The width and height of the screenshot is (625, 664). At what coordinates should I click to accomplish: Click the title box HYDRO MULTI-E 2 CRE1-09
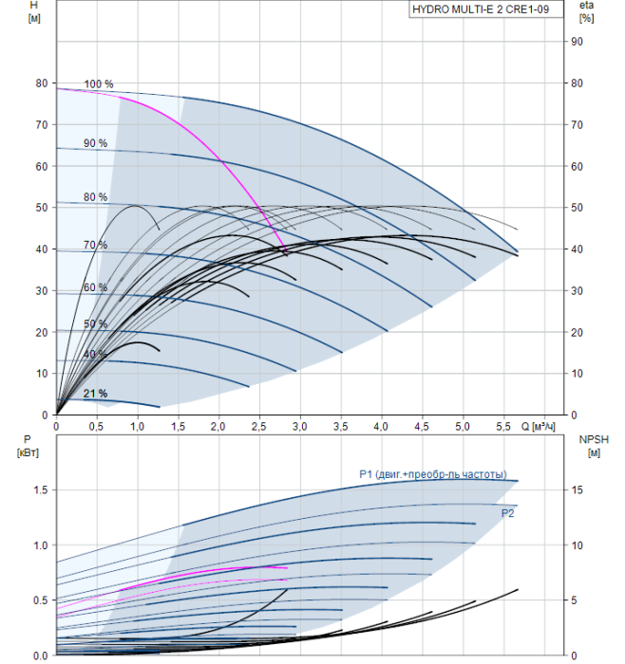point(486,9)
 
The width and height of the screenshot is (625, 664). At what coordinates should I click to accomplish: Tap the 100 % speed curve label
point(99,83)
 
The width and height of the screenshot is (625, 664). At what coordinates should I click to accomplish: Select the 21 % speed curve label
point(95,394)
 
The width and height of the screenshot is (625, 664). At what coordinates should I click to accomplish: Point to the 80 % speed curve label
point(95,197)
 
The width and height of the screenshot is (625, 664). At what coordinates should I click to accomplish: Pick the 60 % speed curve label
point(95,287)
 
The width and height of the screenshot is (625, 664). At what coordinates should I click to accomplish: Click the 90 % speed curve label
point(95,143)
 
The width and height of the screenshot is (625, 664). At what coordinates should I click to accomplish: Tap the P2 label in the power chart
point(507,513)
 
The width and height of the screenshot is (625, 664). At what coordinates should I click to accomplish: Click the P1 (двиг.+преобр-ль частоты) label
point(433,474)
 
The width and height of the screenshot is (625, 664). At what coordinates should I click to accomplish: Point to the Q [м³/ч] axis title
point(538,427)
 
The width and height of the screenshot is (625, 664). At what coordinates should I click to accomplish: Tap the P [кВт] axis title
point(28,446)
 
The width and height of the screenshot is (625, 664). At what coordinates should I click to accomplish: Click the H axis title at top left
point(34,11)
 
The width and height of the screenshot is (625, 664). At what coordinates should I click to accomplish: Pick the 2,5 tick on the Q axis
point(258,427)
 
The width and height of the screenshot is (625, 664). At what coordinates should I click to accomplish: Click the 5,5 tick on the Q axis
point(502,427)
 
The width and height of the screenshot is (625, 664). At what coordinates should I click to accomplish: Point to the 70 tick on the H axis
point(42,125)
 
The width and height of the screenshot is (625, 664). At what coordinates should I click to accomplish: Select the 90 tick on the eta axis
point(577,42)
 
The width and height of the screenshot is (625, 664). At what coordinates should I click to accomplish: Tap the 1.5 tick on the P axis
point(41,490)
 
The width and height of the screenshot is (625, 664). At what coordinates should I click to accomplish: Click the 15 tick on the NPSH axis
point(577,490)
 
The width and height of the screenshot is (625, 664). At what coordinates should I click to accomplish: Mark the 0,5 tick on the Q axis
point(96,427)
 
